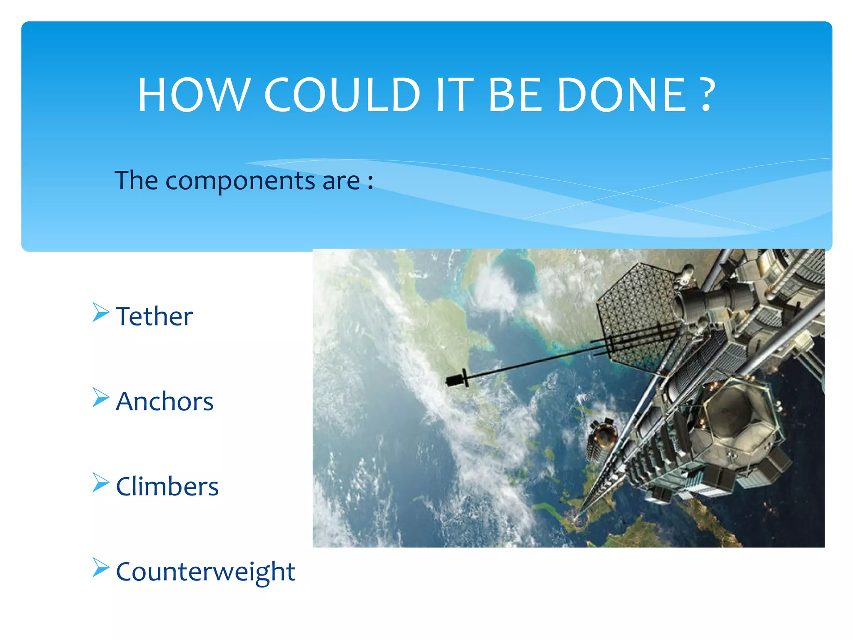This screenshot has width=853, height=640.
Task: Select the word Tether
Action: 155,316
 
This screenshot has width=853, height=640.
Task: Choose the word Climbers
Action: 167,486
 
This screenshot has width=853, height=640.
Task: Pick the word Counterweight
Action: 205,572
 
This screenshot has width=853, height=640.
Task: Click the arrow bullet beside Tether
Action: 100,312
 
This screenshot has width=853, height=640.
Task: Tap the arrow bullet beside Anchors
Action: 100,397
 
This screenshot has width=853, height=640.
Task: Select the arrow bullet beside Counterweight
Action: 100,567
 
